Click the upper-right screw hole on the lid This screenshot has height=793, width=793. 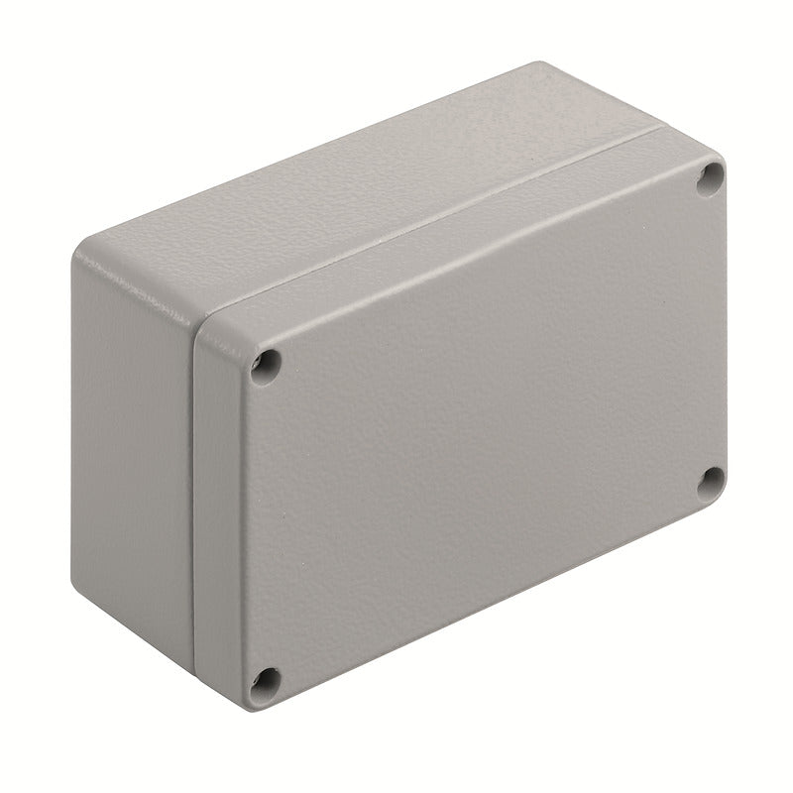710,178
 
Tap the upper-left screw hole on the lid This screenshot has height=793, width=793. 265,366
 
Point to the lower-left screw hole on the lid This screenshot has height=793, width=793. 265,680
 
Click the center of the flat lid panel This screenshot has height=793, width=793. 486,426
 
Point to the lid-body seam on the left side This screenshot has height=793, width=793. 194,496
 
